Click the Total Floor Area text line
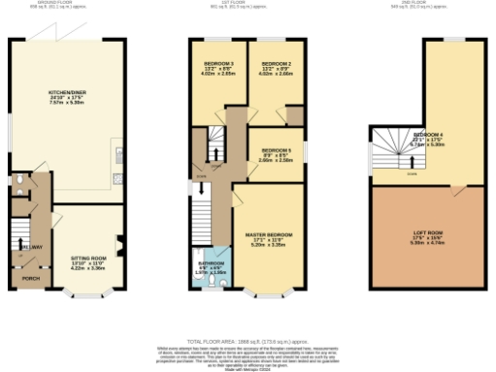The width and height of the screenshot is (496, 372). pyautogui.click(x=247, y=341)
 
